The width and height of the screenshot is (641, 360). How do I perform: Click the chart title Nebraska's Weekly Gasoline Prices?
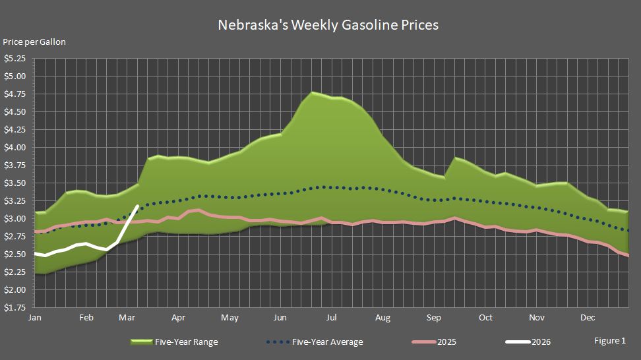tap(328, 25)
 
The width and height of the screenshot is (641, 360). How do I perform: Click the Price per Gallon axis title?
tap(34, 42)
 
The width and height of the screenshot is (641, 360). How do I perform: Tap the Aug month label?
tap(382, 318)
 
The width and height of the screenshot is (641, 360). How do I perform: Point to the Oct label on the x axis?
tap(485, 318)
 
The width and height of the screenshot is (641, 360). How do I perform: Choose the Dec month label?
tap(588, 318)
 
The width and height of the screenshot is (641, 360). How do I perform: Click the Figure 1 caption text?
tap(609, 341)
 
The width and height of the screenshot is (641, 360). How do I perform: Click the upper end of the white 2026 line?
tap(137, 206)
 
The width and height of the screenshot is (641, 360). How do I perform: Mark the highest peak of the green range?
tap(313, 92)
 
